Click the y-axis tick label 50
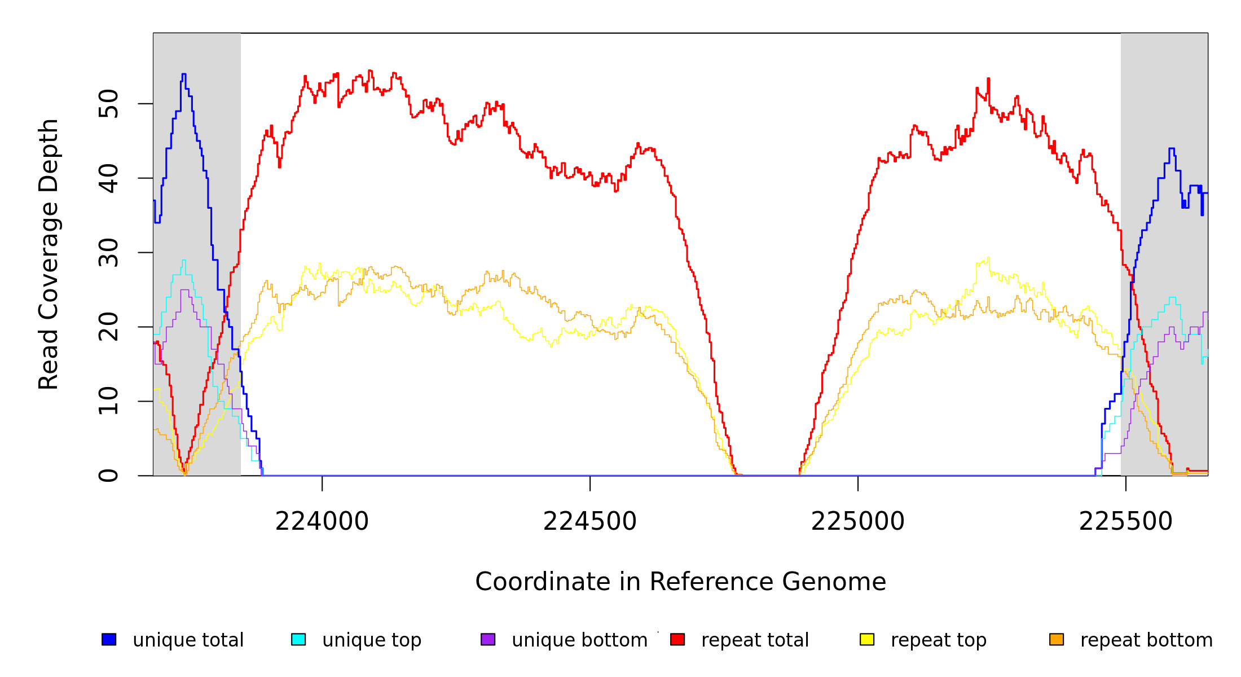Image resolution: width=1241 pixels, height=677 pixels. pos(108,104)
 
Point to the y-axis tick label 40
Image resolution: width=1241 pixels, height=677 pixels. pos(108,178)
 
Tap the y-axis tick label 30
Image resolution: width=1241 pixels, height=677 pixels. pos(108,253)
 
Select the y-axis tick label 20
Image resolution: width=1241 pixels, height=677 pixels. pos(108,327)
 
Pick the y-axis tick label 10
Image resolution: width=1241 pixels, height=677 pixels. pos(108,401)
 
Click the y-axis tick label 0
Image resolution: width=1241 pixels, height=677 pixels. pos(108,476)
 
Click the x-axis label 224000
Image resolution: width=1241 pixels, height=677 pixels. pos(322,522)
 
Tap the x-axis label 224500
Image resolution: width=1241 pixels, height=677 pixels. pos(589,522)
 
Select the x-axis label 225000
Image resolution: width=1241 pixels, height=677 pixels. pos(857,522)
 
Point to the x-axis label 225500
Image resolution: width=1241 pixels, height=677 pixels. pos(1125,522)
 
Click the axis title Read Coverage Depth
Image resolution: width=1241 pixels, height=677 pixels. pos(49,254)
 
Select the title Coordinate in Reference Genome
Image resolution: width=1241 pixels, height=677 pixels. pos(680,582)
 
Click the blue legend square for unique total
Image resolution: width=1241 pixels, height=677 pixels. pos(109,639)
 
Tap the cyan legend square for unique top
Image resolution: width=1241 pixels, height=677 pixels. pos(298,639)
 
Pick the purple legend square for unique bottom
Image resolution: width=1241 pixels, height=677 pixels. pos(488,639)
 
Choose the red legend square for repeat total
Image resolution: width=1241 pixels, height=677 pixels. pos(677,639)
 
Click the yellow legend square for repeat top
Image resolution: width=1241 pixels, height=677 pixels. pos(867,639)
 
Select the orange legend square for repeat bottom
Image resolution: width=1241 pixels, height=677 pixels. pos(1057,639)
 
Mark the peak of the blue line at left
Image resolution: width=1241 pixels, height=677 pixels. pos(183,74)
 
